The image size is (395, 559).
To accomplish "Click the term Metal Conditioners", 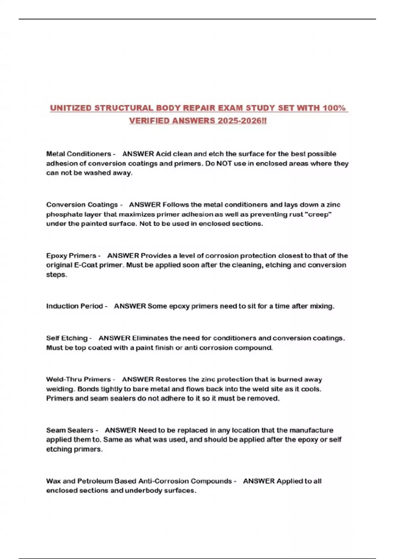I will click(79, 154).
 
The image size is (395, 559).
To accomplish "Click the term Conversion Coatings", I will click(82, 205).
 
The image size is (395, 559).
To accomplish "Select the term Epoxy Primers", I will click(71, 255).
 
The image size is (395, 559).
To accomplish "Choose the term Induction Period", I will click(74, 306).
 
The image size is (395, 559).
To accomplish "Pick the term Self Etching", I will click(67, 338).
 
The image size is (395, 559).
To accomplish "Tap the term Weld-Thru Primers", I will click(78, 379).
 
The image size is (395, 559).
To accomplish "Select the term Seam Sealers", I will click(70, 430).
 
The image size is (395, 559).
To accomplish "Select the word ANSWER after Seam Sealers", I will click(120, 430).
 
